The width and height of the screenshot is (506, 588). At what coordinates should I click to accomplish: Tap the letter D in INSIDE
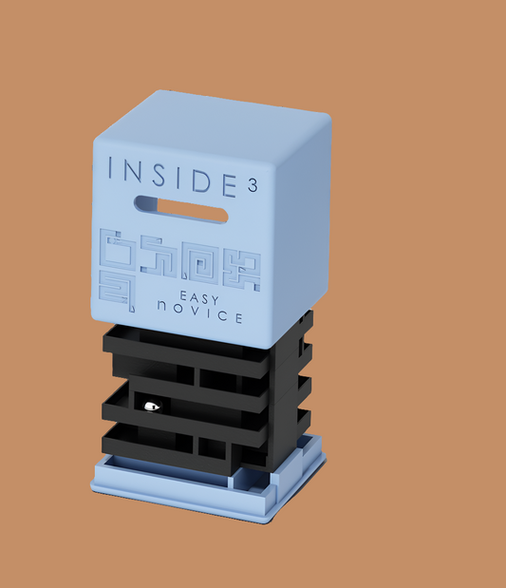coord(207,181)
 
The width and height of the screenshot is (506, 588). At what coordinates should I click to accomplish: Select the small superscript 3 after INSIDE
coord(253,185)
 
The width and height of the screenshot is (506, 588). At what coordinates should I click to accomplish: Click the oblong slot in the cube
coord(180,209)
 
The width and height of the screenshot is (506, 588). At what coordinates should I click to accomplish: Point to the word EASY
coord(199,298)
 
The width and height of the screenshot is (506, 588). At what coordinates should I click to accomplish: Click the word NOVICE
coord(199,313)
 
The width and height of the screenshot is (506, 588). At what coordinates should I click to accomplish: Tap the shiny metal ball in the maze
coord(153,407)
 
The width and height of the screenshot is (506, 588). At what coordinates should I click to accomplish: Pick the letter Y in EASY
coord(215,300)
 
